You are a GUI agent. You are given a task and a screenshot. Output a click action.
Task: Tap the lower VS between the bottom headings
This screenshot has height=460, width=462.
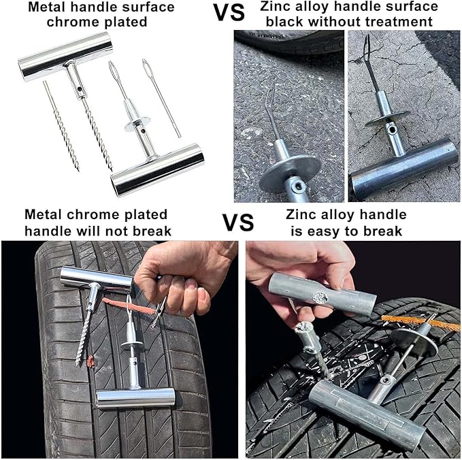(237, 223)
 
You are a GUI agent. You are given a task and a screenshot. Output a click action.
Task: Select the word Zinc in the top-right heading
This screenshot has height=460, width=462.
(276, 7)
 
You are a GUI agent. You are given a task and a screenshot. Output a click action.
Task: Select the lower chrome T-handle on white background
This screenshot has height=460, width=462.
(157, 169)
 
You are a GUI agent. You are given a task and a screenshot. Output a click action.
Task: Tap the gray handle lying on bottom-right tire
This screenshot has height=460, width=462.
(361, 414)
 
